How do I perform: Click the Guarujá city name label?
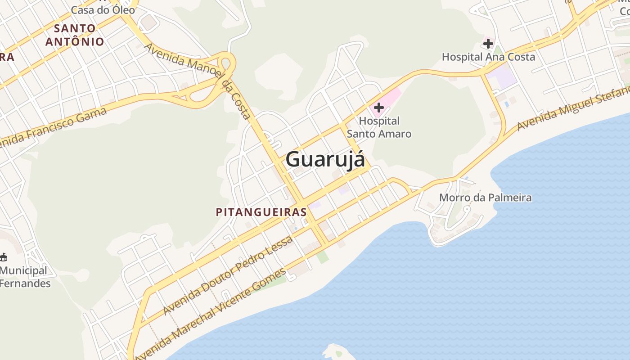pyautogui.click(x=325, y=159)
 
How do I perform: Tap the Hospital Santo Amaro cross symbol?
pyautogui.click(x=379, y=108)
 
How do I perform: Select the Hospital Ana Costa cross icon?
pyautogui.click(x=488, y=44)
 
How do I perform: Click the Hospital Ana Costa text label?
pyautogui.click(x=488, y=57)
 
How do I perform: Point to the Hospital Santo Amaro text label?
pyautogui.click(x=379, y=127)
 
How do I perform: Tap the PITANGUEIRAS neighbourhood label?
pyautogui.click(x=261, y=212)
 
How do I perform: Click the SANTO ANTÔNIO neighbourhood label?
pyautogui.click(x=75, y=35)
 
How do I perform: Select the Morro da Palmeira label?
pyautogui.click(x=485, y=198)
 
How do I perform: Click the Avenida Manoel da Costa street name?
pyautogui.click(x=198, y=81)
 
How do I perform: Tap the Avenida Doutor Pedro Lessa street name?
pyautogui.click(x=228, y=275)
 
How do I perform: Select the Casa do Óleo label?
pyautogui.click(x=103, y=9)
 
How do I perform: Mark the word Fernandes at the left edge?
pyautogui.click(x=25, y=283)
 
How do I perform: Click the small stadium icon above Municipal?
pyautogui.click(x=4, y=257)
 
